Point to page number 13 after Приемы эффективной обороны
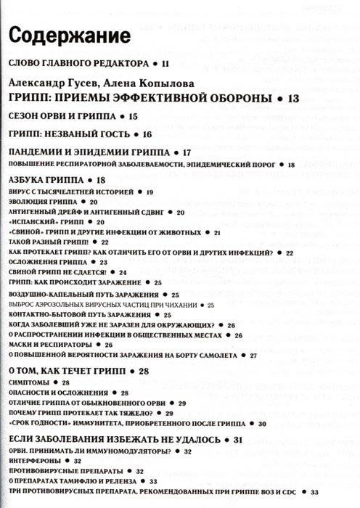coord(293,98)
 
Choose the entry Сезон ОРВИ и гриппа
coord(62,116)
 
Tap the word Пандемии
coord(41,152)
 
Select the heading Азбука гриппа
coord(46,180)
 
